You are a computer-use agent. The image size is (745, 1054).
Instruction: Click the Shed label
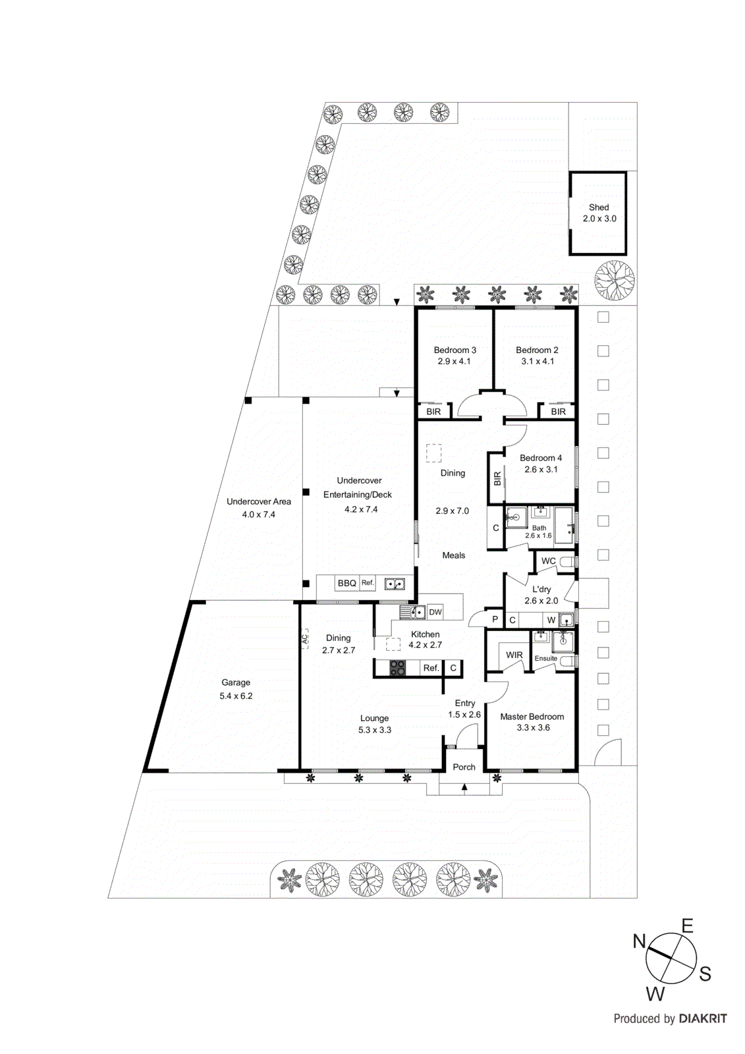coord(599,207)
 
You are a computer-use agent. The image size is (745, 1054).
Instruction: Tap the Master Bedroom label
coord(532,717)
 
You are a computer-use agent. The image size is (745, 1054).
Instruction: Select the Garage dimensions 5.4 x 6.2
coord(236,696)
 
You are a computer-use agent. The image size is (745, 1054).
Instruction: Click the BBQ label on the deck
coord(346,583)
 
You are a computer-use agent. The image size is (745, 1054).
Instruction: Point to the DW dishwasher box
coord(435,612)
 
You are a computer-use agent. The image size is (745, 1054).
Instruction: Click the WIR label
coord(514,655)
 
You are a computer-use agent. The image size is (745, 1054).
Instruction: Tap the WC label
coord(548,561)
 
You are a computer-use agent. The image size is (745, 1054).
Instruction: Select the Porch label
coord(464,767)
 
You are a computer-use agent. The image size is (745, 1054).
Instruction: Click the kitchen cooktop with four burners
coord(397,668)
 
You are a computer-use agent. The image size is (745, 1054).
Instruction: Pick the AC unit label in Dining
coord(305,638)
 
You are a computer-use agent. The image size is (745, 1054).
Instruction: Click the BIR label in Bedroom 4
coord(497,478)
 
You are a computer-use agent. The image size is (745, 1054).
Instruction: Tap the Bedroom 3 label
coord(455,350)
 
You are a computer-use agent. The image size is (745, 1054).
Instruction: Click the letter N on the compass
coord(639,941)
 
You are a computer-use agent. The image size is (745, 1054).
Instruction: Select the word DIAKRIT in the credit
coord(703,1018)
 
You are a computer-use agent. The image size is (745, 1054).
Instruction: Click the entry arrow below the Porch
coord(464,787)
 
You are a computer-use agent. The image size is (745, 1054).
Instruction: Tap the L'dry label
coord(541,589)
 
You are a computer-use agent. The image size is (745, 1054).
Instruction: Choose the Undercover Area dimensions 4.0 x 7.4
coord(258,514)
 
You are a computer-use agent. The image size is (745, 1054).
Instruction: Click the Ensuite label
coord(545,658)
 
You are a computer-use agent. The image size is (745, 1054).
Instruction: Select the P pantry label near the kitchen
coord(495,619)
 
